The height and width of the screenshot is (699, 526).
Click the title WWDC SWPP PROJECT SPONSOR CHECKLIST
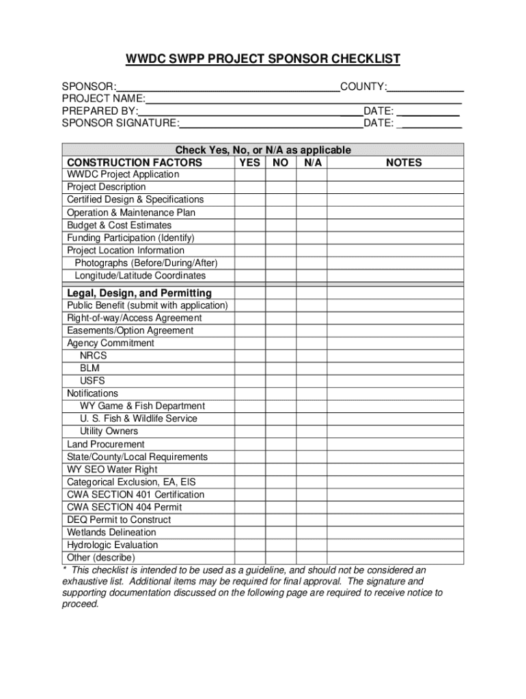point(263,59)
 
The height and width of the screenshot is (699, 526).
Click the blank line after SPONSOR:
point(228,88)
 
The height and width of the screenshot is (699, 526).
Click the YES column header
point(250,162)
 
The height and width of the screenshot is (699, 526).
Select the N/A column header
point(312,162)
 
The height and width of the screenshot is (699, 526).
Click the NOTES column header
point(404,162)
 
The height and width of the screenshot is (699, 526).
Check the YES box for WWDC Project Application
point(250,175)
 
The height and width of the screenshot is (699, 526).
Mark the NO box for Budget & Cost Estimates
point(280,225)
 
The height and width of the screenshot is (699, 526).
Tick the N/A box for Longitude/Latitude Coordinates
point(312,276)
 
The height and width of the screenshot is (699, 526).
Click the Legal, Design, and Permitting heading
point(139,294)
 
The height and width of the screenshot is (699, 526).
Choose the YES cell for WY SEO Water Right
point(250,470)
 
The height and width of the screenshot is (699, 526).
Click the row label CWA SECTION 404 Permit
point(124,507)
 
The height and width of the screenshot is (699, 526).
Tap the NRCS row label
point(94,356)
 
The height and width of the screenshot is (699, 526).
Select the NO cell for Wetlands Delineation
point(280,532)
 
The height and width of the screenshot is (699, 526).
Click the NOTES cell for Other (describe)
point(396,558)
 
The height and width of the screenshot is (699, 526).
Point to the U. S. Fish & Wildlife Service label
point(139,418)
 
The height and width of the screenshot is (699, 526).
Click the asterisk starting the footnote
point(64,570)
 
